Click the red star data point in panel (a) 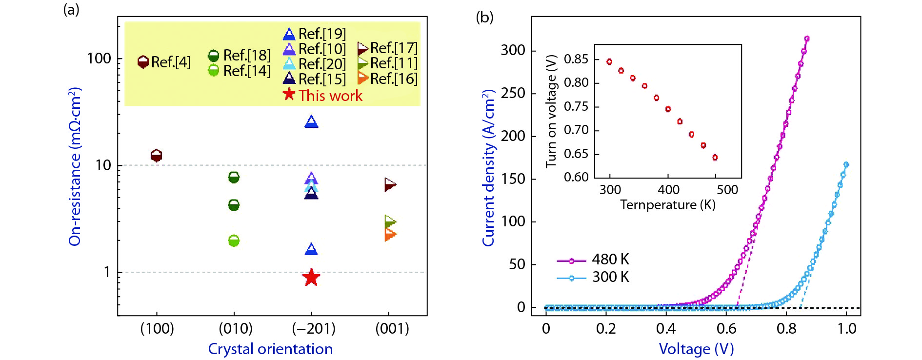click(x=311, y=278)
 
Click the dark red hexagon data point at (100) click(x=156, y=156)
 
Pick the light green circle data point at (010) click(x=234, y=240)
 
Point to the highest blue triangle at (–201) click(x=311, y=122)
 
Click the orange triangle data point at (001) click(x=390, y=235)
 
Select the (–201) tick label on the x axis click(x=314, y=328)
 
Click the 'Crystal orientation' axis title click(x=270, y=349)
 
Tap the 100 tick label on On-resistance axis click(x=99, y=59)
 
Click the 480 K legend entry click(x=610, y=260)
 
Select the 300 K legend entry click(x=610, y=277)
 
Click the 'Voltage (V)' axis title click(x=696, y=349)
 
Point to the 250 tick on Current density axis click(x=513, y=93)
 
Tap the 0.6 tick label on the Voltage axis click(x=726, y=328)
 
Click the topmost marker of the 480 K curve click(x=806, y=39)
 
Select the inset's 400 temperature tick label click(x=668, y=189)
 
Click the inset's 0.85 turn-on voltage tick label click(x=576, y=59)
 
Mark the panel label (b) click(x=484, y=18)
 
